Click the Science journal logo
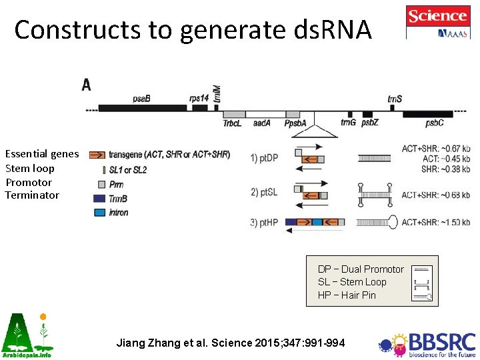pos(437,22)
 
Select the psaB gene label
pos(141,99)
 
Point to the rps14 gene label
pos(199,99)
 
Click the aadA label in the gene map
pos(261,123)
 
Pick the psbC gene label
pos(434,123)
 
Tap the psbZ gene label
pos(371,123)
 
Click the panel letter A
pos(87,84)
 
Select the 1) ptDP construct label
pos(265,159)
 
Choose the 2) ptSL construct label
pos(264,193)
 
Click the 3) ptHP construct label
pos(265,222)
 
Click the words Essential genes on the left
pos(42,154)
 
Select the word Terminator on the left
pos(32,195)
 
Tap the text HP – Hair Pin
pos(347,295)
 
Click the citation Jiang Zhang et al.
pos(231,343)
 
